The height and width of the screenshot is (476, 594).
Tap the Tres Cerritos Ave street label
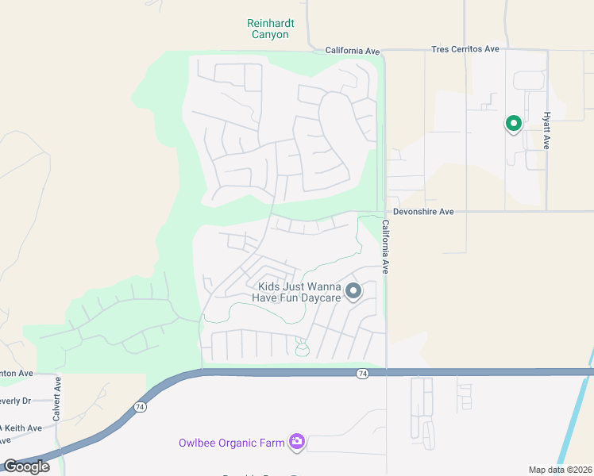coord(465,49)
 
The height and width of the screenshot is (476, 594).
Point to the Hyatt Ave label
coord(546,130)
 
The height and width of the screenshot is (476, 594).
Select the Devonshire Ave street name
coord(423,212)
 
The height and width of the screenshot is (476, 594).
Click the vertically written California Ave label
coord(386,248)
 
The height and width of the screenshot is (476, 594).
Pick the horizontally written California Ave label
coord(353,51)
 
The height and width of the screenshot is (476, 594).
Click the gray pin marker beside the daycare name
coord(352,291)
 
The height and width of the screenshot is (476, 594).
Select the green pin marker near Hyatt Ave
coord(513,124)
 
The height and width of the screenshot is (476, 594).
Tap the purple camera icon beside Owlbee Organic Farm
coord(297,441)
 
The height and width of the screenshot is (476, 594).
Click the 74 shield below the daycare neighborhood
coord(363,373)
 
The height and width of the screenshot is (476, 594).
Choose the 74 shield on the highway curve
coord(141,407)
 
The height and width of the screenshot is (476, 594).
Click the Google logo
coord(26,466)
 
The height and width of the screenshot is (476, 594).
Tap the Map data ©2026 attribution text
coord(560,470)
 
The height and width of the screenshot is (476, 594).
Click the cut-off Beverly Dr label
coord(15,401)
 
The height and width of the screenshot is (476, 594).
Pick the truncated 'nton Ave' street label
coord(17,373)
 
